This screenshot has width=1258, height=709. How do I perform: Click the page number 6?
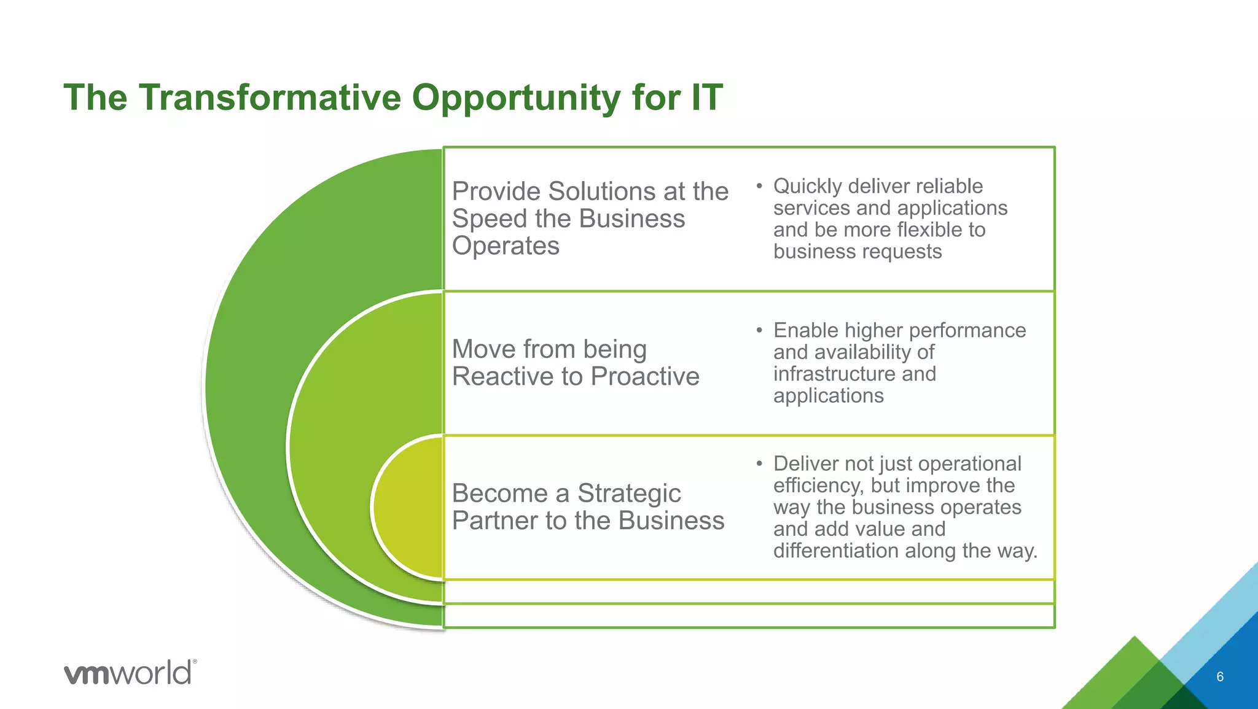click(1219, 677)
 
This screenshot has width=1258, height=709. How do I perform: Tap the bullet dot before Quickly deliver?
click(759, 185)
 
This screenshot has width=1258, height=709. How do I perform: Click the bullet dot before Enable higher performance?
click(759, 330)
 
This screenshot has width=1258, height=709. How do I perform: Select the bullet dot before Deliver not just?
click(759, 463)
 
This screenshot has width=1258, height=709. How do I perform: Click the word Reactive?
click(501, 376)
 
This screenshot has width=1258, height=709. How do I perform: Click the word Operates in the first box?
click(506, 246)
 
